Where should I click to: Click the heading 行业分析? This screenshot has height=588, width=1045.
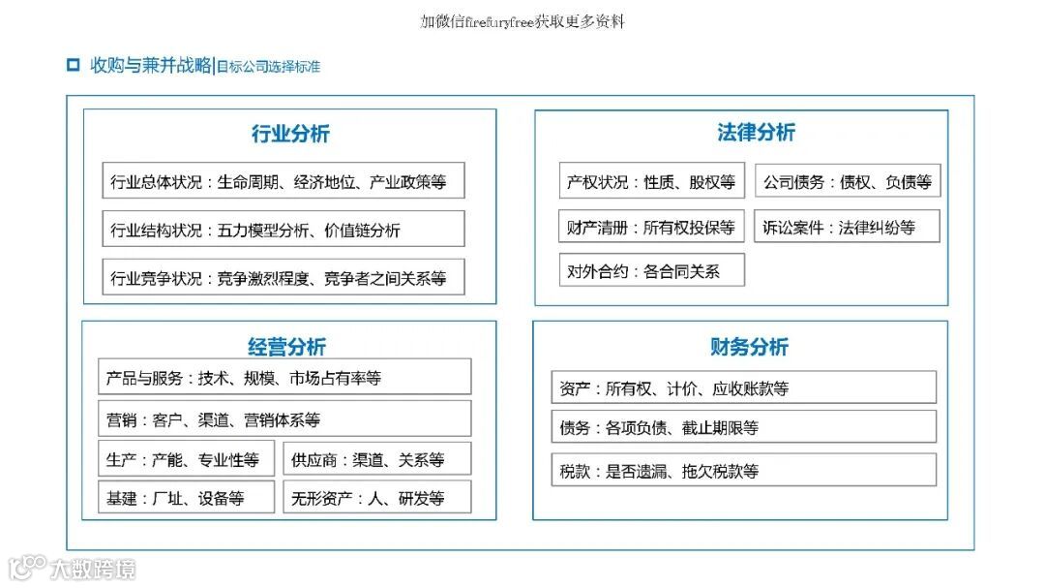(290, 135)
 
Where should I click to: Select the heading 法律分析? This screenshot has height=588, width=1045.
(757, 133)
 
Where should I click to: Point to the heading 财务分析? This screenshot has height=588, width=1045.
(749, 347)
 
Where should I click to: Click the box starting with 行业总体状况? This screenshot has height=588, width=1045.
(283, 181)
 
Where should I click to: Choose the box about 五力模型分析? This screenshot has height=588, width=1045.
(283, 230)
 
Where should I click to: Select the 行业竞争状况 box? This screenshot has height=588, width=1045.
(283, 278)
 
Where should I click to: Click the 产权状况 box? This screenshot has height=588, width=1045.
(651, 181)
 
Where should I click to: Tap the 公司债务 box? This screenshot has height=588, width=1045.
(848, 181)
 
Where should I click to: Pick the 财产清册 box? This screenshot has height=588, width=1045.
(651, 228)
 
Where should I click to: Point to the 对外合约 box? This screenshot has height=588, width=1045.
(651, 271)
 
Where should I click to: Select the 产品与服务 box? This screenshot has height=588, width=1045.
(284, 377)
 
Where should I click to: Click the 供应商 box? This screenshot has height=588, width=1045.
(376, 459)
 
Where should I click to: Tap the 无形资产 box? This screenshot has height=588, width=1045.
(376, 498)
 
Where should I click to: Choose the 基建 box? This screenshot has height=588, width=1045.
(186, 498)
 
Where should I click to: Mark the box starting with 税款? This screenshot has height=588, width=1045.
(743, 471)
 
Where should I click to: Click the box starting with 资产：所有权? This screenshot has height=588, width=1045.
(743, 387)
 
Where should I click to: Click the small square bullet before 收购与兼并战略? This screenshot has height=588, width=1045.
(73, 66)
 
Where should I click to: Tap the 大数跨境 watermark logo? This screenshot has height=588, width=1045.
(72, 568)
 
